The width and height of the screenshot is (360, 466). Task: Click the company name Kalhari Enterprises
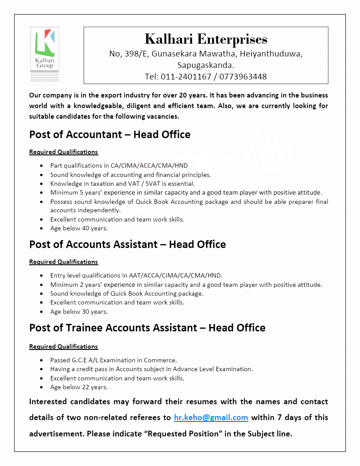tap(206, 39)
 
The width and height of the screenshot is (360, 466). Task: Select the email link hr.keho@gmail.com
tap(211, 417)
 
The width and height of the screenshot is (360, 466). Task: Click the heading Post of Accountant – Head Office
tap(110, 135)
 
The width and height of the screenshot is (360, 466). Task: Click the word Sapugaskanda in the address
tap(206, 65)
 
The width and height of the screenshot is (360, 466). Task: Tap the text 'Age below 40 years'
tap(79, 229)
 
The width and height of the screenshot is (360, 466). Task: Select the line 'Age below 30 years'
tap(79, 312)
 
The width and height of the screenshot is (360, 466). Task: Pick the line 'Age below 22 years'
tap(79, 387)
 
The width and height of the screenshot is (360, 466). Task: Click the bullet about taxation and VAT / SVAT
tap(122, 184)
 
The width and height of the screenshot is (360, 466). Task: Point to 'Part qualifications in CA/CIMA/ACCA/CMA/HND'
tap(119, 165)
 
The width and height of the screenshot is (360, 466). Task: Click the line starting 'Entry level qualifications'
tap(136, 275)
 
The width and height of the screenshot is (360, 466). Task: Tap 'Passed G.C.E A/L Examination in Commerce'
tap(113, 360)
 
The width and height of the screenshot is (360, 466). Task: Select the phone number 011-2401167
tap(186, 77)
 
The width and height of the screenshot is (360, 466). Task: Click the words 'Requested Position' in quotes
tap(183, 434)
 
